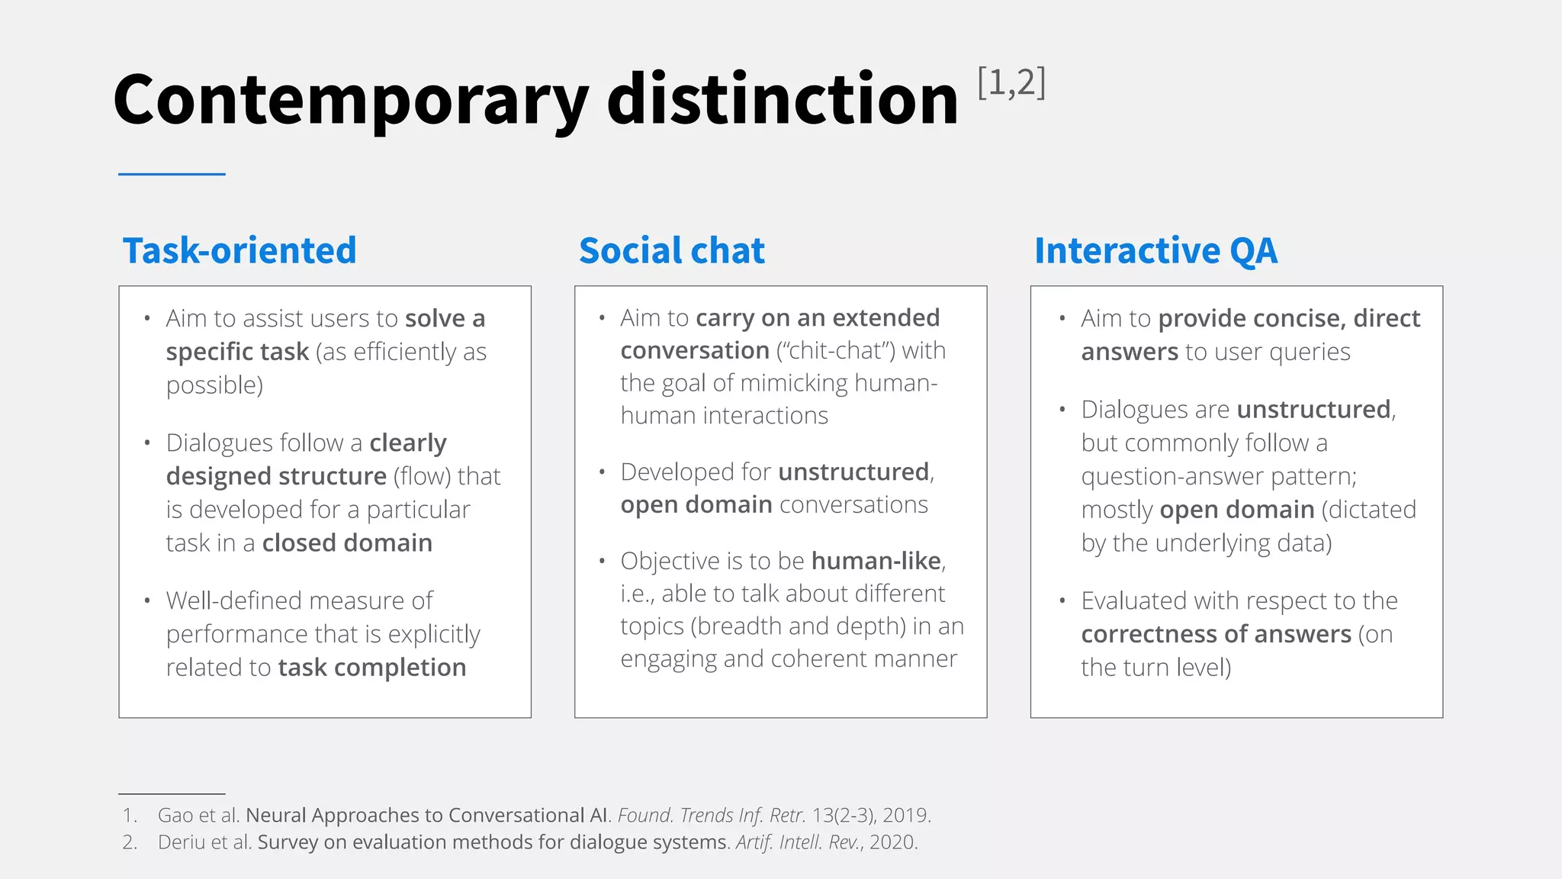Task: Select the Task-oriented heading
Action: tap(239, 251)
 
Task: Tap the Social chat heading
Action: tap(671, 251)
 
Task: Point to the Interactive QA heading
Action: tap(1155, 251)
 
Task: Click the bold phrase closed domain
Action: tap(347, 543)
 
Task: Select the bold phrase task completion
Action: tap(372, 668)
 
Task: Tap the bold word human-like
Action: tap(876, 562)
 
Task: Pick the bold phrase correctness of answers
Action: tap(1216, 634)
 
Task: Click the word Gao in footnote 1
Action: tap(175, 816)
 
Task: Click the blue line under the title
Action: tap(172, 174)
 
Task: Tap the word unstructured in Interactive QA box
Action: tap(1313, 410)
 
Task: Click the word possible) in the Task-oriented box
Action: tap(214, 385)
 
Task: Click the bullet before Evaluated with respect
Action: tap(1062, 601)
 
